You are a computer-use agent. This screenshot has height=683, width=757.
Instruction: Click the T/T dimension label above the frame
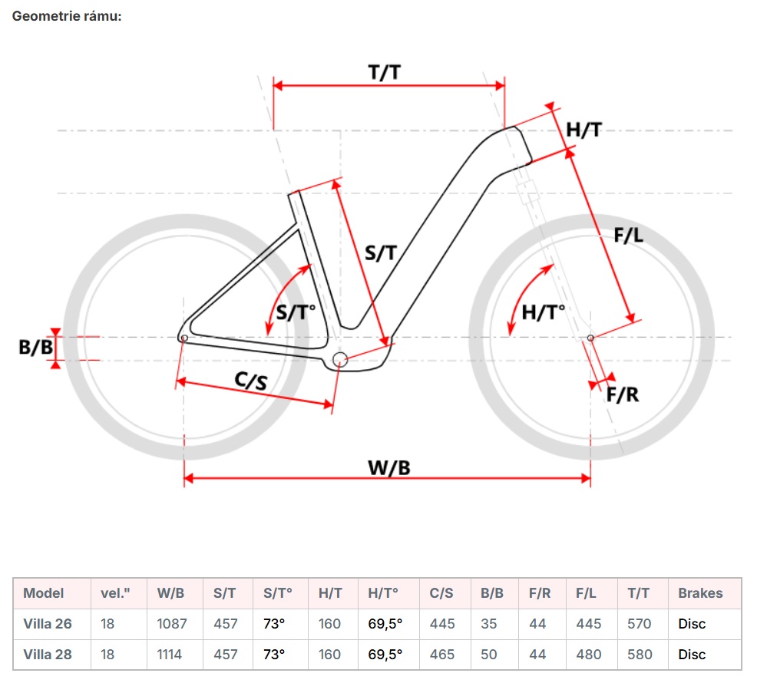pos(385,72)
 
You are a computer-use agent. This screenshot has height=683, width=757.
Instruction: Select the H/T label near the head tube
pos(583,130)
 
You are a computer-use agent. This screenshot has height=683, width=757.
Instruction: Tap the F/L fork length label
pos(628,236)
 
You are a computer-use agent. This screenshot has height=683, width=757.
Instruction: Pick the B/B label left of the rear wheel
pos(36,348)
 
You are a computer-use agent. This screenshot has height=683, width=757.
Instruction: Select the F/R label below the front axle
pos(623,394)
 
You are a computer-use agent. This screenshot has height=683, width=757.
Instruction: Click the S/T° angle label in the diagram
pos(296,312)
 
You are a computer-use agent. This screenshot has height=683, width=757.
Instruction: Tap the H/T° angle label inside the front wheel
pos(543,312)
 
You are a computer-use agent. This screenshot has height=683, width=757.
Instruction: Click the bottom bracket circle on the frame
pos(340,359)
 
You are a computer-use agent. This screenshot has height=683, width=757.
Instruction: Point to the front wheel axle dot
pos(590,338)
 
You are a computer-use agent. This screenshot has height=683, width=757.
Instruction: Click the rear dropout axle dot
pos(183,338)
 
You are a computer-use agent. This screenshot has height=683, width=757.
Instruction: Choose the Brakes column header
pos(700,593)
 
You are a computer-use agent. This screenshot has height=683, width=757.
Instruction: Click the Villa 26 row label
pos(48,624)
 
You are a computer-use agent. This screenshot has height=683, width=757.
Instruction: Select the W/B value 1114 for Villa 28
pos(171,655)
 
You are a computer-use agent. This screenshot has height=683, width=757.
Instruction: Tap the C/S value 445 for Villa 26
pos(442,624)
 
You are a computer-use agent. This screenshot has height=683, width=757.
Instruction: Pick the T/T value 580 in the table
pos(639,655)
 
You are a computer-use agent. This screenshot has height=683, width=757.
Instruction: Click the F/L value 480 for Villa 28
pos(589,655)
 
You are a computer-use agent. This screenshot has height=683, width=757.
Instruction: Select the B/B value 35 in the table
pos(489,624)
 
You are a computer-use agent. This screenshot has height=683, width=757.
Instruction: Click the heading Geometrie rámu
pos(67,16)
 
